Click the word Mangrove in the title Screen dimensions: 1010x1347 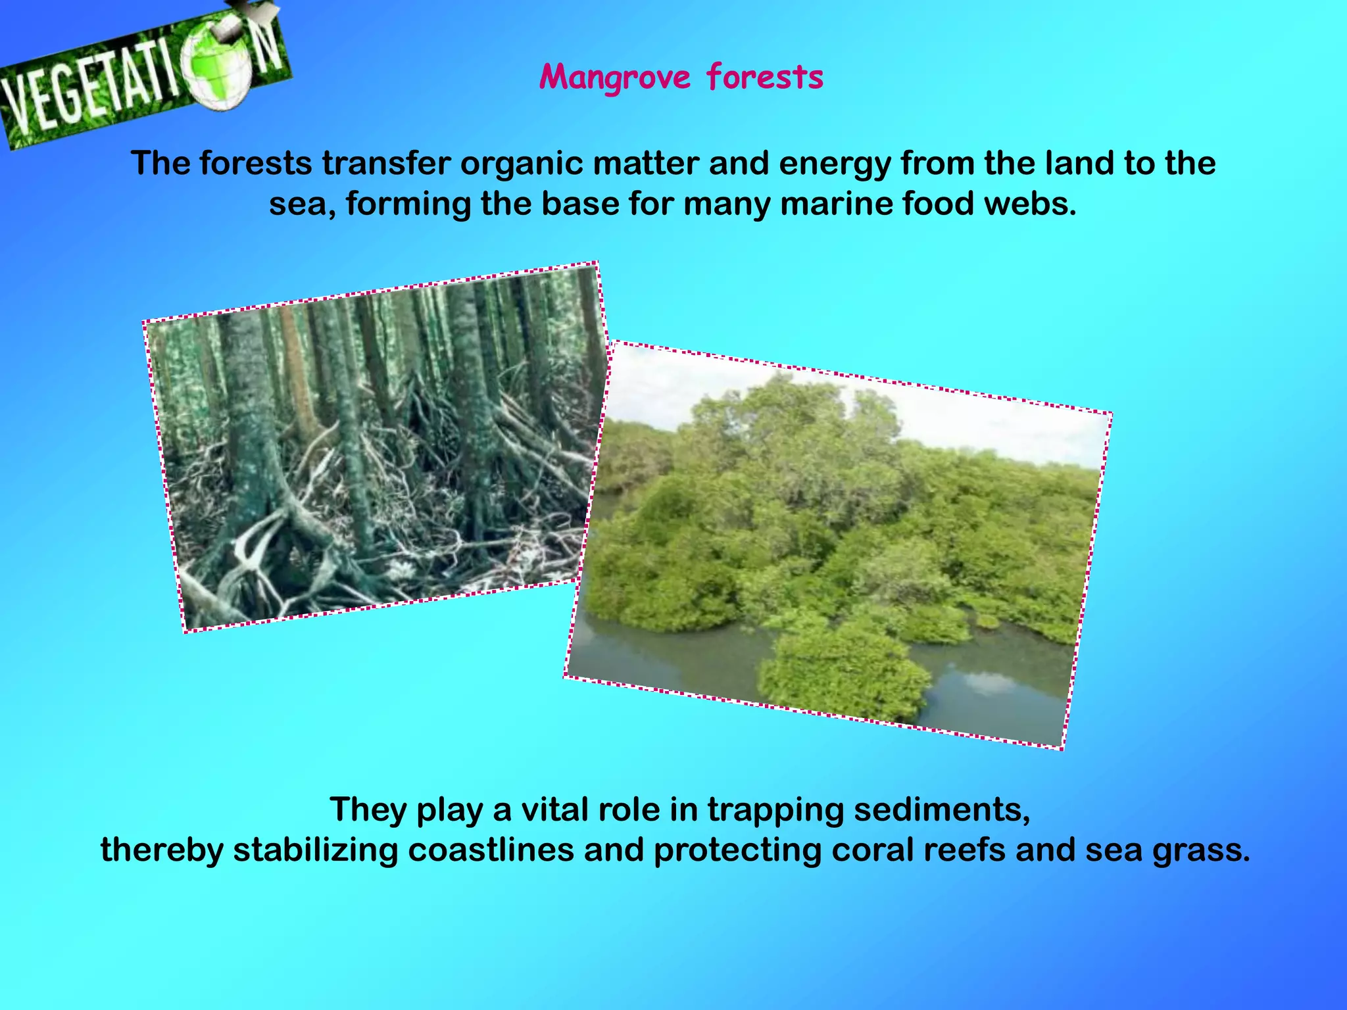[x=615, y=78]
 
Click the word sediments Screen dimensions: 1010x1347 [x=941, y=809]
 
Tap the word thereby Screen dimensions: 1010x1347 [x=162, y=850]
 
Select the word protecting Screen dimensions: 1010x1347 [x=737, y=850]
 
